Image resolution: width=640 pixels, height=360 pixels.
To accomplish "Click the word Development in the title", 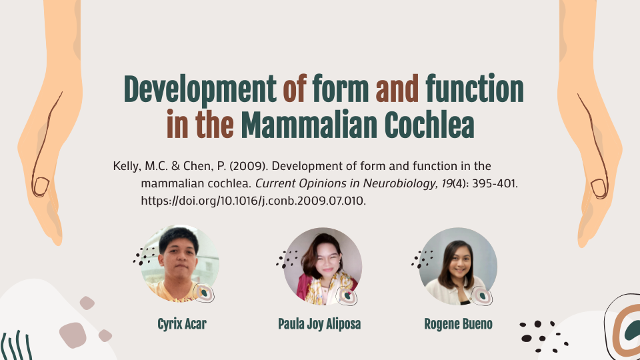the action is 200,90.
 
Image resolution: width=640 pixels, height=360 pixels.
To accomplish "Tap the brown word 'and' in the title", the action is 397,89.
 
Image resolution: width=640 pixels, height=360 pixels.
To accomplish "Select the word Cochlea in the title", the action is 429,125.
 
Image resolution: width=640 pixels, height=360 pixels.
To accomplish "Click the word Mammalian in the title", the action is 309,125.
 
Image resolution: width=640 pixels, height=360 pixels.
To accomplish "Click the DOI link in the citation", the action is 253,201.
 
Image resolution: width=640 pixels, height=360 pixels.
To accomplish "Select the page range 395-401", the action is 495,183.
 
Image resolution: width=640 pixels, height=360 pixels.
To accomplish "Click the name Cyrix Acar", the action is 182,324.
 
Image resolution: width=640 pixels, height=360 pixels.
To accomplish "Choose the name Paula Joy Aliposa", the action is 319,324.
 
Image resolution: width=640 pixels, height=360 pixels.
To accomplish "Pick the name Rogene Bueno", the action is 458,324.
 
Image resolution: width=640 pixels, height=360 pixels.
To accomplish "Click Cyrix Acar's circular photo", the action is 180,264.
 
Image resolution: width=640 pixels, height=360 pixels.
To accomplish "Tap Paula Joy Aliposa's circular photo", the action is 323,266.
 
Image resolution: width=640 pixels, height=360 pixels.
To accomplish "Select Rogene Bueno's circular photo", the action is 458,266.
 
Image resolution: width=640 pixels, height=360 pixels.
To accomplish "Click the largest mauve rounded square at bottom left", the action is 73,335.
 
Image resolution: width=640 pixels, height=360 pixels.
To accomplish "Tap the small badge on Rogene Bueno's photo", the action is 481,296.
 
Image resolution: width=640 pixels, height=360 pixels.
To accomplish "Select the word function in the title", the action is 475,89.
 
